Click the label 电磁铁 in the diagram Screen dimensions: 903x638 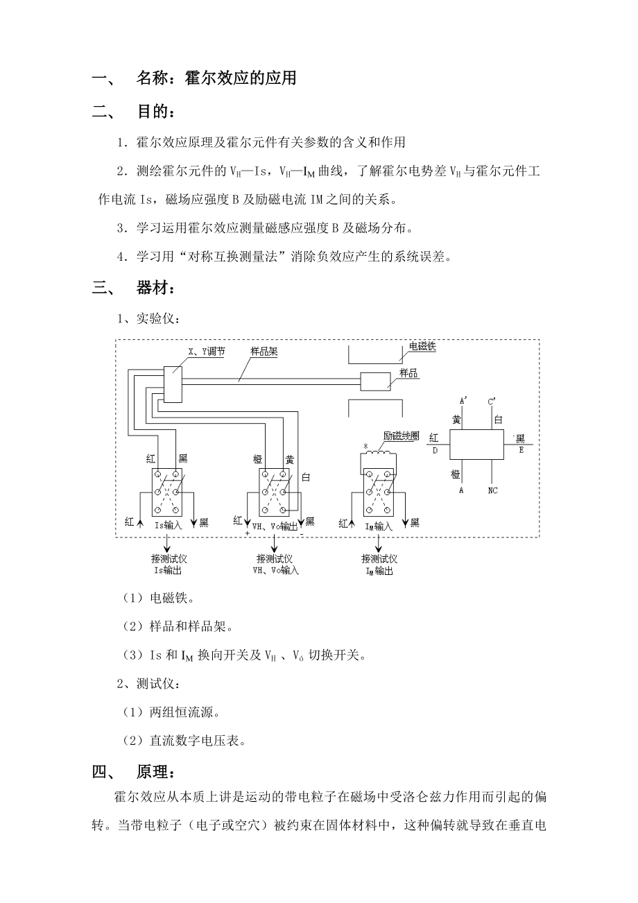pyautogui.click(x=422, y=346)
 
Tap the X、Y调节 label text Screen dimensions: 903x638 pyautogui.click(x=206, y=352)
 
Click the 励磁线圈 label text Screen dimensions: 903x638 pyautogui.click(x=402, y=436)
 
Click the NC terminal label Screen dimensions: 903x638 pyautogui.click(x=492, y=490)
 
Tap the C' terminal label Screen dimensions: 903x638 pyautogui.click(x=492, y=401)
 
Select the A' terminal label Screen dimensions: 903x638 pyautogui.click(x=463, y=401)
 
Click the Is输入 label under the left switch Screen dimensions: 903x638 pyautogui.click(x=168, y=525)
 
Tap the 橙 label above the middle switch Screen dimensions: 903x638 pyautogui.click(x=258, y=458)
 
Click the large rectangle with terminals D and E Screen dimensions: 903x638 pyautogui.click(x=476, y=443)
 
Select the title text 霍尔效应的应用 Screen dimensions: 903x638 pyautogui.click(x=241, y=78)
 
